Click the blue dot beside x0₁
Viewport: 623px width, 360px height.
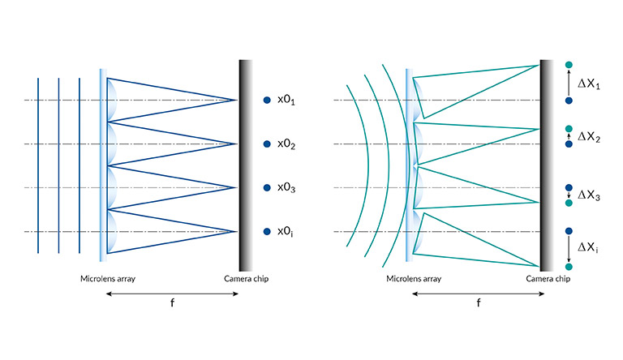coord(267,100)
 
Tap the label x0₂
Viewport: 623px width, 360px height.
coord(286,144)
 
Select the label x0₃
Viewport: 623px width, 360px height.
coord(286,188)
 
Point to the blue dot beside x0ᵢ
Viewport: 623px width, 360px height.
coord(267,231)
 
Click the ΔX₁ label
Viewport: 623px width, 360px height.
coord(588,84)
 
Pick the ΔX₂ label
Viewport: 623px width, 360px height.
coord(588,138)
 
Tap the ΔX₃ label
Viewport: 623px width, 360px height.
coord(588,195)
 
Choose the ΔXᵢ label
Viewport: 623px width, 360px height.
coord(587,247)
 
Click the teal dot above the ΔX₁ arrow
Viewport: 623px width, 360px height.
coord(569,65)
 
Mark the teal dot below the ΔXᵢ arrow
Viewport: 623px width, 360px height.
coord(569,267)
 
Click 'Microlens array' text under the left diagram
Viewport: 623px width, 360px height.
coord(108,279)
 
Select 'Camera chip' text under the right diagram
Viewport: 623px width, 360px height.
coord(548,279)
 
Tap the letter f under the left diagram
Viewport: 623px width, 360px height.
coord(172,302)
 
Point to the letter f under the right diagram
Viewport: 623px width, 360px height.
coord(479,302)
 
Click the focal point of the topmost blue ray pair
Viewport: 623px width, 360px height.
coord(237,100)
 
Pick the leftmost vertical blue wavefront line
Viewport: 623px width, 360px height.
coord(38,165)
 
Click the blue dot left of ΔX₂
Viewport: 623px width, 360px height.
coord(569,144)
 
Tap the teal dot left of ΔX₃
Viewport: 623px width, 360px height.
coord(569,203)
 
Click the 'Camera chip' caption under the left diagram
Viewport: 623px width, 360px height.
coord(246,279)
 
